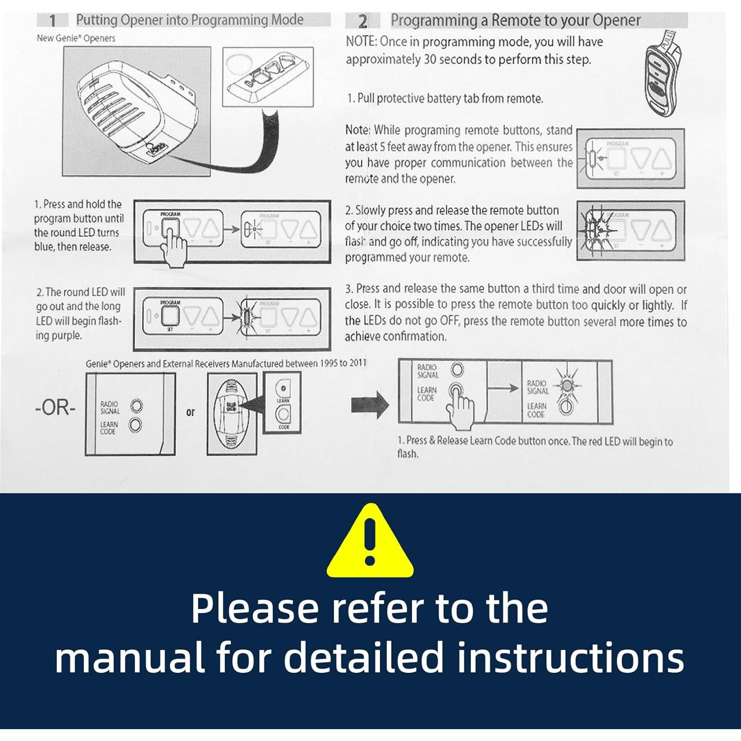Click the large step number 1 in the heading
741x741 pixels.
pos(53,21)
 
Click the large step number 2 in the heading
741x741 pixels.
pos(363,21)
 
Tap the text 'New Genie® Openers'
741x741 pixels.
pos(76,39)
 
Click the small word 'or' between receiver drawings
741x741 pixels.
pos(191,412)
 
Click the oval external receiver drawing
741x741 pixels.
pos(232,412)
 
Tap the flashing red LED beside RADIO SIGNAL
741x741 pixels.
pos(567,385)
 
